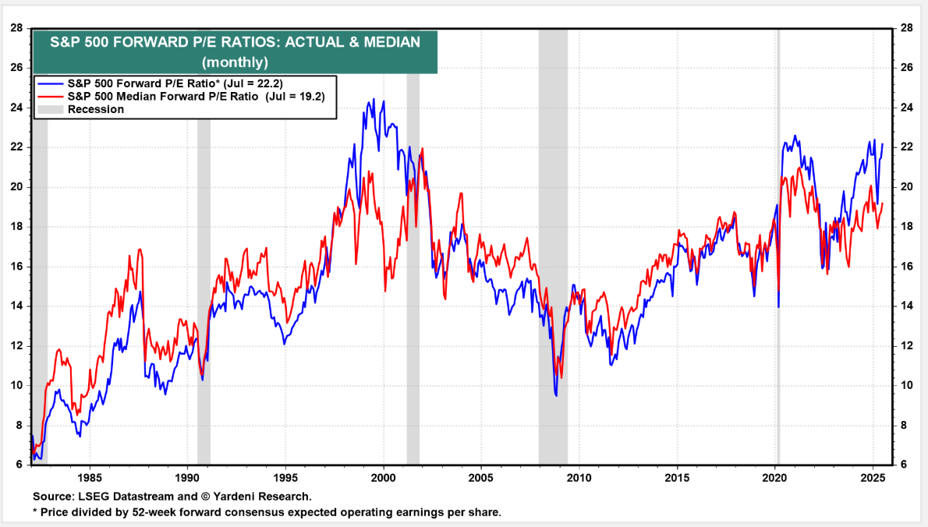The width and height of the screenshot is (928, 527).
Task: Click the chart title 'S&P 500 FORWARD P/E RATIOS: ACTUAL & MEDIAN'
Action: point(235,43)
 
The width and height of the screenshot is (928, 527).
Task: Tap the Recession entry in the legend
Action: point(95,109)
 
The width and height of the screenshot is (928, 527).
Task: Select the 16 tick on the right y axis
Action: point(906,267)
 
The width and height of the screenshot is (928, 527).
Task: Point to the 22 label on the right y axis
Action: point(906,147)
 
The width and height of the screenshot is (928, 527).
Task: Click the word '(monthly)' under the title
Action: point(235,62)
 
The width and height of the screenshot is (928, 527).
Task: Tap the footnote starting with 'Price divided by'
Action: point(269,512)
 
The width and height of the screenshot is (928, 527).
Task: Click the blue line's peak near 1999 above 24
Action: point(373,100)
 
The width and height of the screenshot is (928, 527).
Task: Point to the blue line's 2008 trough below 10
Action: point(556,395)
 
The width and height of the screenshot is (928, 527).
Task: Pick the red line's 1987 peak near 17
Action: point(140,249)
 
